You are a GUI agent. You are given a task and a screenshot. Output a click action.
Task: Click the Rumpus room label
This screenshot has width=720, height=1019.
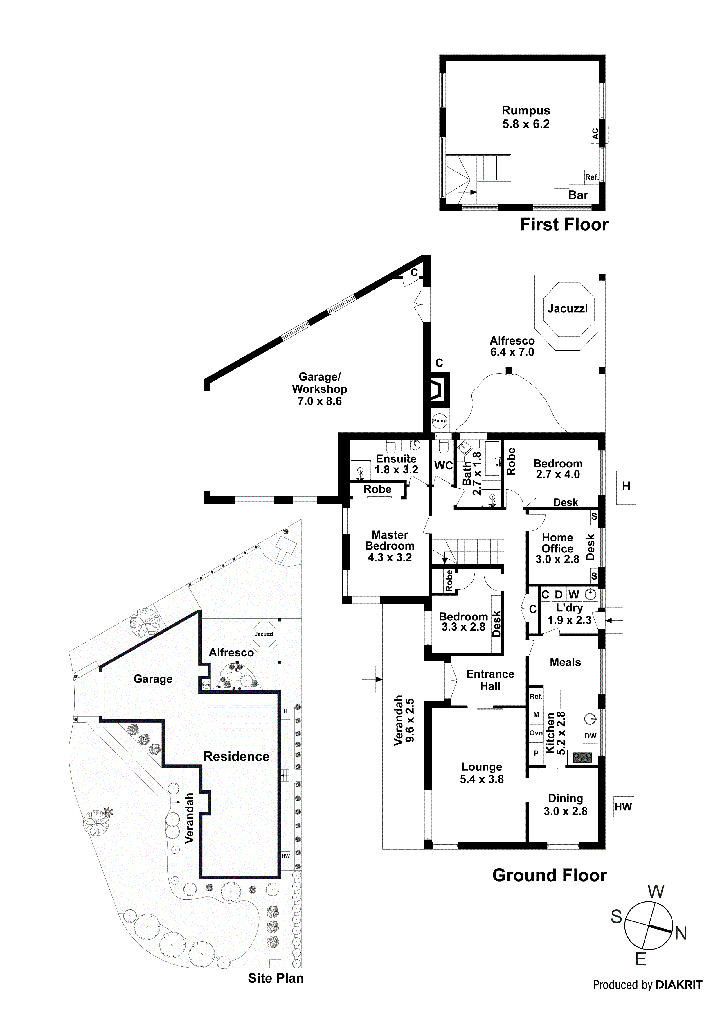[x=526, y=110]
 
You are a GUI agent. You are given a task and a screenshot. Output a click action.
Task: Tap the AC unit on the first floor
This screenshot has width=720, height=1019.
[x=595, y=133]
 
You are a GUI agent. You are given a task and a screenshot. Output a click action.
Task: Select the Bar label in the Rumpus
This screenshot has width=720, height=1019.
[x=578, y=195]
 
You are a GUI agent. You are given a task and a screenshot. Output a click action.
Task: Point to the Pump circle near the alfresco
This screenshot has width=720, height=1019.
[x=440, y=420]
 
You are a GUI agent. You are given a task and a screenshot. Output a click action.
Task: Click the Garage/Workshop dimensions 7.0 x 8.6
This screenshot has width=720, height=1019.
[x=319, y=401]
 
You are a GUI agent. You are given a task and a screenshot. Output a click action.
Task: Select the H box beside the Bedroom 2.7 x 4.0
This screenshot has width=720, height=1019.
[x=626, y=487]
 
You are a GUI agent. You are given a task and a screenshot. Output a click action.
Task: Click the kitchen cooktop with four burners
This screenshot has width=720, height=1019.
[x=582, y=758]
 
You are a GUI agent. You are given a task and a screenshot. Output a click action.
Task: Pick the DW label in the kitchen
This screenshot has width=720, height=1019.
[x=590, y=736]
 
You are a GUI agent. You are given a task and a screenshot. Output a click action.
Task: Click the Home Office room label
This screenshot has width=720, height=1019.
[x=557, y=543]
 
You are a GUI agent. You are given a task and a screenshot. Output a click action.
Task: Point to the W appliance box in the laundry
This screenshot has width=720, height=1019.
[x=574, y=594]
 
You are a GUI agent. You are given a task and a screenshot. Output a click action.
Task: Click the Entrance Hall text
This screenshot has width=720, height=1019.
[x=490, y=680]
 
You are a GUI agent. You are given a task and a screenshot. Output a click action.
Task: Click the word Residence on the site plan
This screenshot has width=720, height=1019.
[x=236, y=757]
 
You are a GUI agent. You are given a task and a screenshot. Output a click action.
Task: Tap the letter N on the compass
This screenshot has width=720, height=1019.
[x=681, y=934]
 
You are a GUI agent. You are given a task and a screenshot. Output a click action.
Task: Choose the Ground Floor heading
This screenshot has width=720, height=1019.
[x=549, y=876]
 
